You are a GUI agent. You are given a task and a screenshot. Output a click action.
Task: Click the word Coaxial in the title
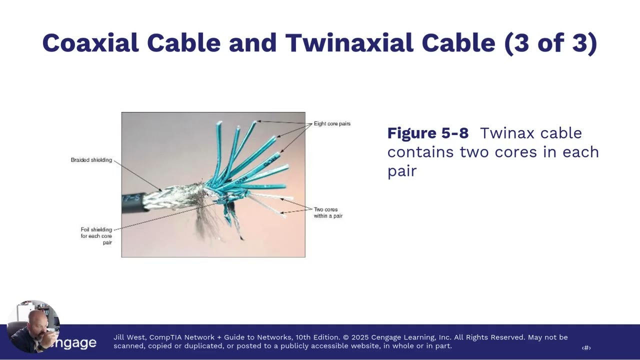pyautogui.click(x=90, y=43)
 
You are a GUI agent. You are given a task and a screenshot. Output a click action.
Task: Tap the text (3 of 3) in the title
pyautogui.click(x=550, y=43)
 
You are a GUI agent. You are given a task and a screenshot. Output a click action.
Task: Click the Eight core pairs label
pyautogui.click(x=332, y=123)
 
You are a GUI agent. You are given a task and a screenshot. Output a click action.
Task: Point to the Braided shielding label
pyautogui.click(x=91, y=160)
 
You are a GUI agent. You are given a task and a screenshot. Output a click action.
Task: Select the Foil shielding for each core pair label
pyautogui.click(x=96, y=236)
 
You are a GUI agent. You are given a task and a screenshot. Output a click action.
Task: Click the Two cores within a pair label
pyautogui.click(x=328, y=212)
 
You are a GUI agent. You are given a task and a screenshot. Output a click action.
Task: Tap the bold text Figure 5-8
pyautogui.click(x=428, y=133)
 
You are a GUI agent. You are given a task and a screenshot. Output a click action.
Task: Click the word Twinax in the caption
pyautogui.click(x=505, y=133)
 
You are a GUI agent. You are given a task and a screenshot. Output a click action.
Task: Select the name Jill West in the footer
pyautogui.click(x=129, y=337)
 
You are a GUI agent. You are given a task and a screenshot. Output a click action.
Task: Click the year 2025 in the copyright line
pyautogui.click(x=362, y=337)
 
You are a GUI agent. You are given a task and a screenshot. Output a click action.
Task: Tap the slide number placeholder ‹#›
pyautogui.click(x=586, y=348)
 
